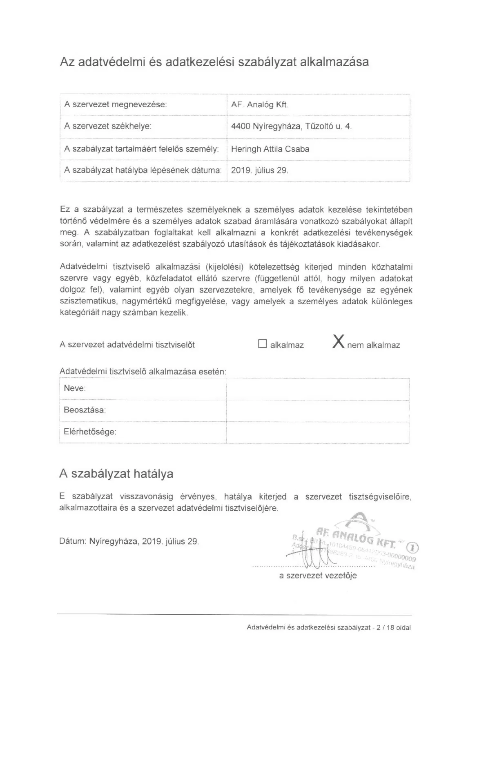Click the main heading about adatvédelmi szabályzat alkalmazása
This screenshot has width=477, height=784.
(x=214, y=62)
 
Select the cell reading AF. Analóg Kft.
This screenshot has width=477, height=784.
(x=260, y=105)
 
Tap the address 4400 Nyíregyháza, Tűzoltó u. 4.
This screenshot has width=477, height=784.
(x=291, y=126)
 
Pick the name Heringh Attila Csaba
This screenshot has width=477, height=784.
(x=270, y=149)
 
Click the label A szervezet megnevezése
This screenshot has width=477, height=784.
(x=116, y=104)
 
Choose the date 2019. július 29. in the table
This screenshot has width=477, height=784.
(x=260, y=171)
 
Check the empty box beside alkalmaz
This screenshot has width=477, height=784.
(x=262, y=344)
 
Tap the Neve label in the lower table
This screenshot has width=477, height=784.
(x=75, y=388)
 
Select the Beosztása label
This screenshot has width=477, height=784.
(x=85, y=410)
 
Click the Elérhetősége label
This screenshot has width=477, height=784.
(x=90, y=432)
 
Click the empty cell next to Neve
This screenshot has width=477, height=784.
(x=317, y=389)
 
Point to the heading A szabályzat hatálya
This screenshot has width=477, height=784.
(x=116, y=474)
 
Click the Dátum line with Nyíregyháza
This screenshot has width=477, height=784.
(x=129, y=542)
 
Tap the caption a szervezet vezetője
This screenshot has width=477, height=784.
(x=318, y=576)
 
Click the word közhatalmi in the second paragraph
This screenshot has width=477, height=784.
(x=392, y=267)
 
